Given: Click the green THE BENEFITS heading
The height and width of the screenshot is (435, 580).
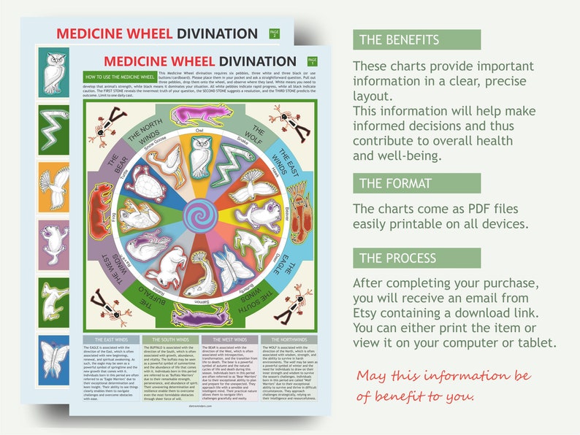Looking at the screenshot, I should (x=416, y=40).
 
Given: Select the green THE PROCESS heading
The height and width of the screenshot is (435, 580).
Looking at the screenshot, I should (x=416, y=258).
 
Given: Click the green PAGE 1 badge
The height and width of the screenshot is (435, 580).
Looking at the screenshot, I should (x=312, y=61).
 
